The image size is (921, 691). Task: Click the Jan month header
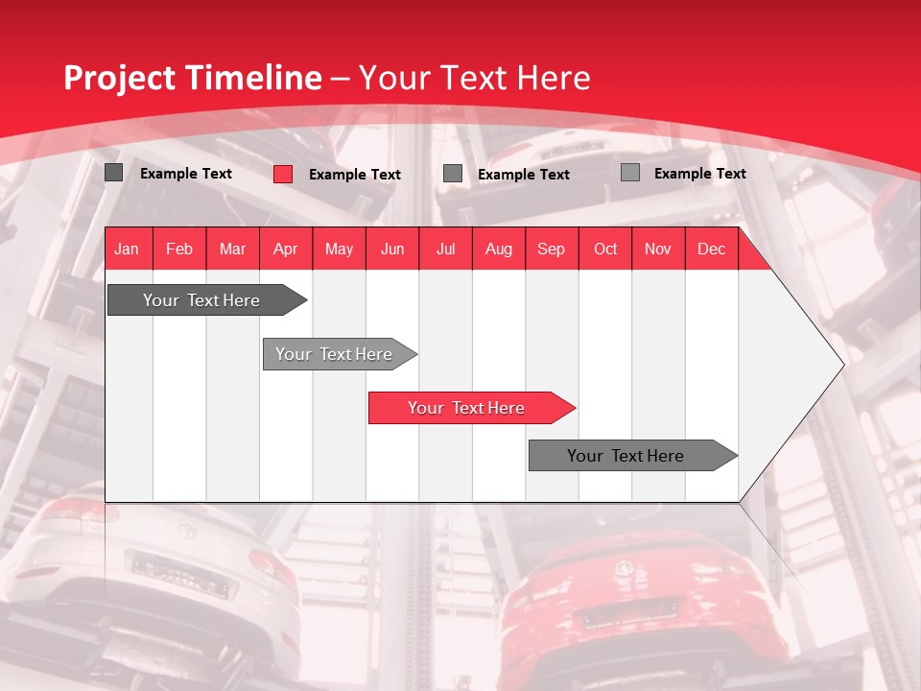click(x=127, y=249)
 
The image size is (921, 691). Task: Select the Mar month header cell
click(x=232, y=249)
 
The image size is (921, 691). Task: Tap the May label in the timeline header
click(x=339, y=249)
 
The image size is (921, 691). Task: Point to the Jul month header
click(x=445, y=249)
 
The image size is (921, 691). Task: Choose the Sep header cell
click(x=551, y=249)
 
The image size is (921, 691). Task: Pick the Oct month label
click(x=605, y=249)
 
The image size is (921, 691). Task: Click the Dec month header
click(x=711, y=249)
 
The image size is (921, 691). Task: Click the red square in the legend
click(x=283, y=174)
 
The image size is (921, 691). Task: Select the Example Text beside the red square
click(x=355, y=175)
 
